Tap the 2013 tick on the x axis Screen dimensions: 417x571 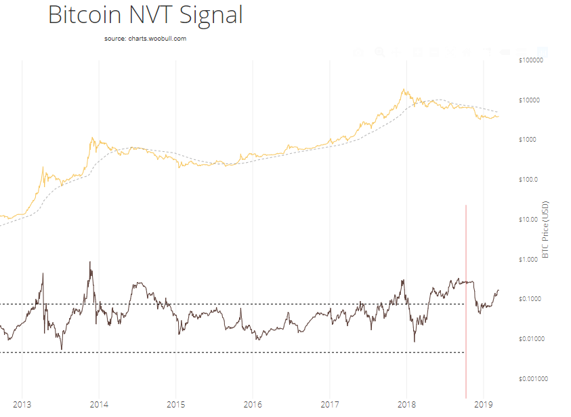[x=22, y=405]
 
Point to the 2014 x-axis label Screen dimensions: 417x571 [x=99, y=405]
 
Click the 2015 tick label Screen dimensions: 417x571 [x=175, y=405]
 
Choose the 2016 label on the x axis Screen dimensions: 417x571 [x=253, y=405]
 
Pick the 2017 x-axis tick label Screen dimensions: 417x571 [x=330, y=405]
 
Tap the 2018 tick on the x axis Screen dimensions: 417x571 [x=407, y=405]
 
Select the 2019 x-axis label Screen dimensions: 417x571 [x=484, y=405]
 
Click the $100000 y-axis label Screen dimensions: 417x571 [x=531, y=60]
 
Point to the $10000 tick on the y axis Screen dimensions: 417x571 [x=530, y=100]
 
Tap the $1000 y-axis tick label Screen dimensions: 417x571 [x=528, y=140]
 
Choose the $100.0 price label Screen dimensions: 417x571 [x=528, y=180]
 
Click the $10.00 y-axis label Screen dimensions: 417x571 [x=528, y=220]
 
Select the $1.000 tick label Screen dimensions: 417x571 [x=528, y=260]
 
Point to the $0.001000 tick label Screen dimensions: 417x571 [x=531, y=379]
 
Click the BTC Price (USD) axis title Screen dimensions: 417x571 [x=546, y=230]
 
